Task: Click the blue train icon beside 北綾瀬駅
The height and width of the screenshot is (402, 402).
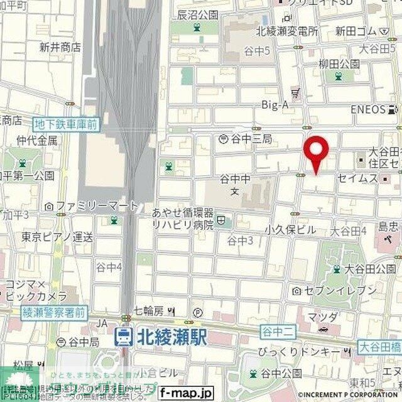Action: [x=124, y=337]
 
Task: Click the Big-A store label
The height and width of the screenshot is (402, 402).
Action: [x=275, y=105]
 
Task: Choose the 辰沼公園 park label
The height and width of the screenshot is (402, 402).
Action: [x=197, y=14]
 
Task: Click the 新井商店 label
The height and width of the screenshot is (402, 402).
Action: [x=60, y=46]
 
